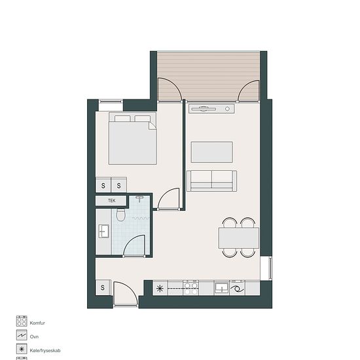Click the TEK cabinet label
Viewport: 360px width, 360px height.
tap(111, 201)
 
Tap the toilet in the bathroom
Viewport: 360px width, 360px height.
tap(120, 215)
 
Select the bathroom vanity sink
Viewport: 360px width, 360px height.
tap(103, 231)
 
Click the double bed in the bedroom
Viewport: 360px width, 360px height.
tap(133, 138)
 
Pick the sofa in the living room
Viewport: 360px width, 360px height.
tap(211, 181)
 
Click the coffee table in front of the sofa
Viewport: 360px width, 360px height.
tap(211, 153)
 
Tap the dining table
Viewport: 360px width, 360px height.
tap(239, 238)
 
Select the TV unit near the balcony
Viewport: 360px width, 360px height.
tap(211, 109)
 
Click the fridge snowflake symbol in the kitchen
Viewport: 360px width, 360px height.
tap(160, 289)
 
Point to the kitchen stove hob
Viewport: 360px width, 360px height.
tap(191, 288)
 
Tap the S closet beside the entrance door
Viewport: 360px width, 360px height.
tap(103, 287)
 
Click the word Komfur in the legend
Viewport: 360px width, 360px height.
tap(37, 323)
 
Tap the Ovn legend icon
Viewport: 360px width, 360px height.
tap(22, 335)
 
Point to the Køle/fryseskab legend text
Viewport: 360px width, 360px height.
tap(45, 351)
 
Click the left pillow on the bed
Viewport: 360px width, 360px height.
tap(122, 118)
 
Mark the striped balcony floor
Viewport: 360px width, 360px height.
tap(208, 77)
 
